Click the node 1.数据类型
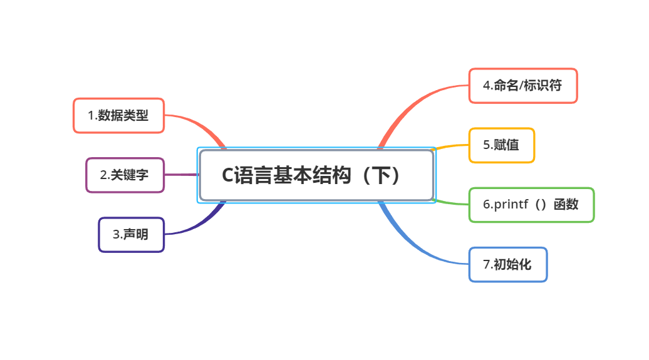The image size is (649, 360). point(118,115)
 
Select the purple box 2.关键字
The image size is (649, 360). point(125,175)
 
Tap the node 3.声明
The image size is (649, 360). point(131,235)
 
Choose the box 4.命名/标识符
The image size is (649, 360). point(522,86)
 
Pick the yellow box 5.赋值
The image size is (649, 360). point(501,145)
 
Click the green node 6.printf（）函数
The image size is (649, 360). point(531,205)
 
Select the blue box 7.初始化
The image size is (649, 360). point(507,264)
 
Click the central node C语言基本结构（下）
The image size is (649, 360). point(316,175)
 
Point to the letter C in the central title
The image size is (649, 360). point(227,176)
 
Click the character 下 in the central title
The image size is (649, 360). point(378,176)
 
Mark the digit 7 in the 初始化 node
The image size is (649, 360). point(486,265)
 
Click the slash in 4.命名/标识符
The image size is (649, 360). point(523,86)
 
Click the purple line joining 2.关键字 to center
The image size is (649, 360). point(182,175)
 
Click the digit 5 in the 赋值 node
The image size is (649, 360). point(486,145)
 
